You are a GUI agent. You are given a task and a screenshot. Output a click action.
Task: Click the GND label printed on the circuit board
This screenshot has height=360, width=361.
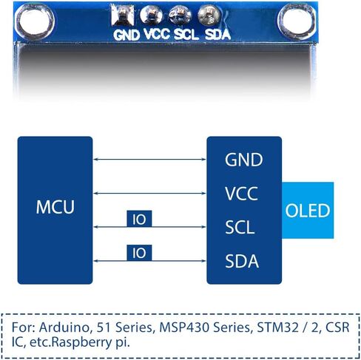tap(126, 35)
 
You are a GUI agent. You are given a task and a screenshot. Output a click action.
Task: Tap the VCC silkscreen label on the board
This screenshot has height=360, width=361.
tap(157, 34)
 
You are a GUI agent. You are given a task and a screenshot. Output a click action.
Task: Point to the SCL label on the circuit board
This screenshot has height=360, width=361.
tap(186, 34)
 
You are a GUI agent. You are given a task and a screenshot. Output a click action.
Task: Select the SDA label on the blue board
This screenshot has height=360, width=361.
tap(217, 34)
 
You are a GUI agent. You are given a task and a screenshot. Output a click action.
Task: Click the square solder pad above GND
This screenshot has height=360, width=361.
tap(122, 16)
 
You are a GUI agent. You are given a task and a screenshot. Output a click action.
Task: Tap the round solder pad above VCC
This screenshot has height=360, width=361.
tap(151, 16)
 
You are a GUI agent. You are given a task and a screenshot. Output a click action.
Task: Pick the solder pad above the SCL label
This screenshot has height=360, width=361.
tap(180, 15)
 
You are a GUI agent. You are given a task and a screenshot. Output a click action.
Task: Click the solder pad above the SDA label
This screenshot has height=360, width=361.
tap(209, 16)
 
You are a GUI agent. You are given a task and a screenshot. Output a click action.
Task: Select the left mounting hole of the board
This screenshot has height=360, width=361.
tap(35, 21)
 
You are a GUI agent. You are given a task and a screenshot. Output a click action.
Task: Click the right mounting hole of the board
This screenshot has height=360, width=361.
tap(297, 21)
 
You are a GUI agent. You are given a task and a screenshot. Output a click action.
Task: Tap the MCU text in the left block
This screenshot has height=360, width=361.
tap(55, 207)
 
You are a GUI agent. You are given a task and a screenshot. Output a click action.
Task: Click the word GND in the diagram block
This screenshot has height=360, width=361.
tap(244, 160)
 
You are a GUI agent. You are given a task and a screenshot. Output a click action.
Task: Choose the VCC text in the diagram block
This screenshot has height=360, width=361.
tap(241, 194)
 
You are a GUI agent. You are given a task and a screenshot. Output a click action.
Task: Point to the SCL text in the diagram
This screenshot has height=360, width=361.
tap(240, 227)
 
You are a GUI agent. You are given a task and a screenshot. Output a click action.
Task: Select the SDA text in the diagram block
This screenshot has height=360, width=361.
tap(242, 261)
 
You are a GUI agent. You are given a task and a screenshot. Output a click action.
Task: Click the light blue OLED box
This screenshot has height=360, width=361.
tap(308, 211)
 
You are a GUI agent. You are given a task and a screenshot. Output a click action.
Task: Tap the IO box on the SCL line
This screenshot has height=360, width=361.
tap(139, 219)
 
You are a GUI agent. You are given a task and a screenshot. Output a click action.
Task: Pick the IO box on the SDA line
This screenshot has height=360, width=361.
tap(139, 253)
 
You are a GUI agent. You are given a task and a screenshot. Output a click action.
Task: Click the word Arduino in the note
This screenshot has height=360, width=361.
tap(64, 327)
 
